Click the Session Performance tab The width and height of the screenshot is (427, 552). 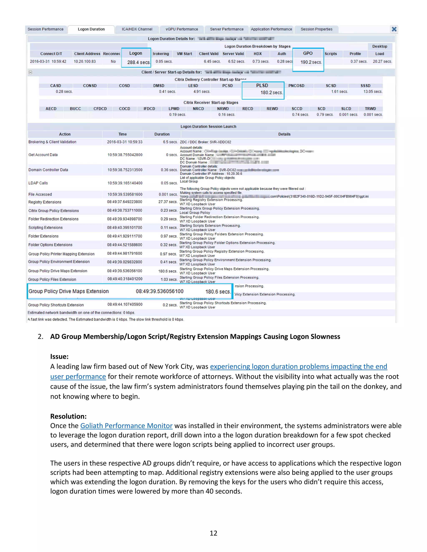point(45,29)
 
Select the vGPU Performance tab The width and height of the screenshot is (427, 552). point(182,29)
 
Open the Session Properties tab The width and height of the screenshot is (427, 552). point(316,29)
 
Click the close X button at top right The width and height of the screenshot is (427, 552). point(394,29)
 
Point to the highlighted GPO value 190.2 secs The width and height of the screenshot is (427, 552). point(311,62)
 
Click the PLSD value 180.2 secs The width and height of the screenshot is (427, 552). point(271,93)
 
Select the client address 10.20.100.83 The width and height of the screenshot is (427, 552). point(85,61)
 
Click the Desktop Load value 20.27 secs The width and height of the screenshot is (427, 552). point(382,61)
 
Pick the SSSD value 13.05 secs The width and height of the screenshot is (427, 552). point(373,91)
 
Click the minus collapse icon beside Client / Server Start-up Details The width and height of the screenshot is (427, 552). point(30,72)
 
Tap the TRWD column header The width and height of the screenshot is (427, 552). point(370,109)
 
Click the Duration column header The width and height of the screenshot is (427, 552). point(162,134)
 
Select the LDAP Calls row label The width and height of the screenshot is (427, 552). point(38,183)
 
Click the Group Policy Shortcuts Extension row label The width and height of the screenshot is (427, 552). point(56,305)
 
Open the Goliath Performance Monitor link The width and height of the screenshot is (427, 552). point(126,426)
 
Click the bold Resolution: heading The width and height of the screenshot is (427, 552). point(68,416)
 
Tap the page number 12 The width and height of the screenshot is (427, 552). point(213,533)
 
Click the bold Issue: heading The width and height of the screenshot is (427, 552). point(59,357)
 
